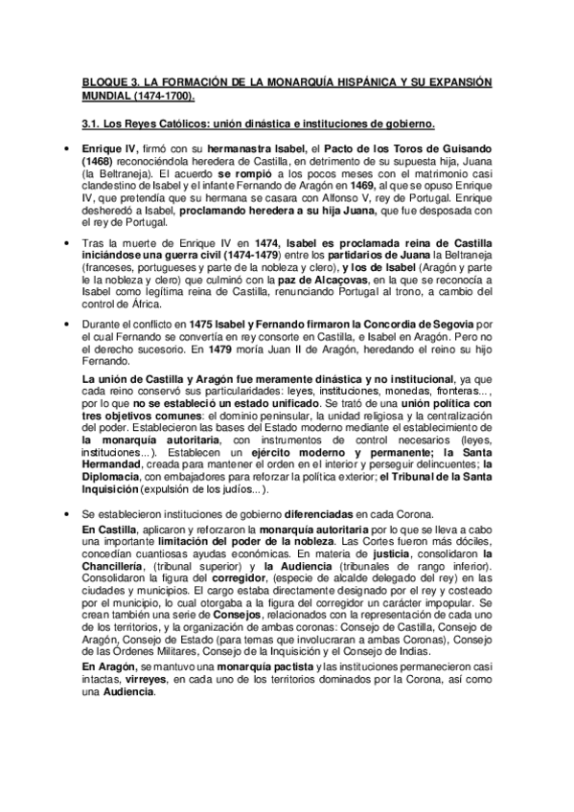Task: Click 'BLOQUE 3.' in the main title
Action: point(110,82)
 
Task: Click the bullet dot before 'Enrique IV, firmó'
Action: point(64,150)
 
